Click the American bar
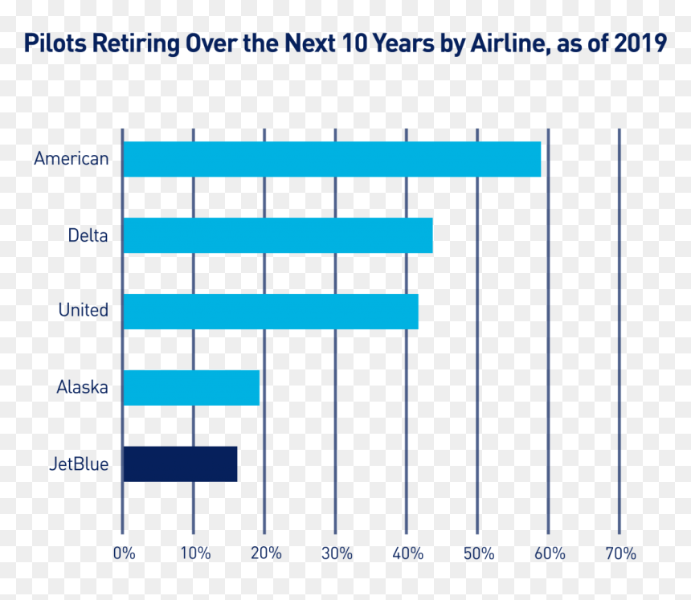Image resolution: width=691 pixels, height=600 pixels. (332, 159)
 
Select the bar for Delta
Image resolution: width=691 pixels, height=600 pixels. (278, 235)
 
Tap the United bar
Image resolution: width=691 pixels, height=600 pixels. (271, 312)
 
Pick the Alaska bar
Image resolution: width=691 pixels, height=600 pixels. (191, 388)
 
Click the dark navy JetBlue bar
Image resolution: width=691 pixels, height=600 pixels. (180, 464)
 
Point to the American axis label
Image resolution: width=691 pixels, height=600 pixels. (72, 158)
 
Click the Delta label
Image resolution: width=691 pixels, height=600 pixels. (88, 235)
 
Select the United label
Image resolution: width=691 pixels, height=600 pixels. (84, 310)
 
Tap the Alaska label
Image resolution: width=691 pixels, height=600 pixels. (83, 387)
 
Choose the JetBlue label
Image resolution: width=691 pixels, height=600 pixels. (79, 464)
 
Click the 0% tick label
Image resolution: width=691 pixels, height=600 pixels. (125, 553)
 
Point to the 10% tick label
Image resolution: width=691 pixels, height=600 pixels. (196, 553)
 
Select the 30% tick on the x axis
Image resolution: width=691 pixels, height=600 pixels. (337, 553)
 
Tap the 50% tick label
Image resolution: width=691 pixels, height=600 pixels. (479, 553)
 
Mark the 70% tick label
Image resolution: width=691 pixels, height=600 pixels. (621, 553)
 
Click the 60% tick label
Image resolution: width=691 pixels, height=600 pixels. (550, 553)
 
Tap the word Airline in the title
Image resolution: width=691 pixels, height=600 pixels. (511, 43)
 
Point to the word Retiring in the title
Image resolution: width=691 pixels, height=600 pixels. (137, 44)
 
